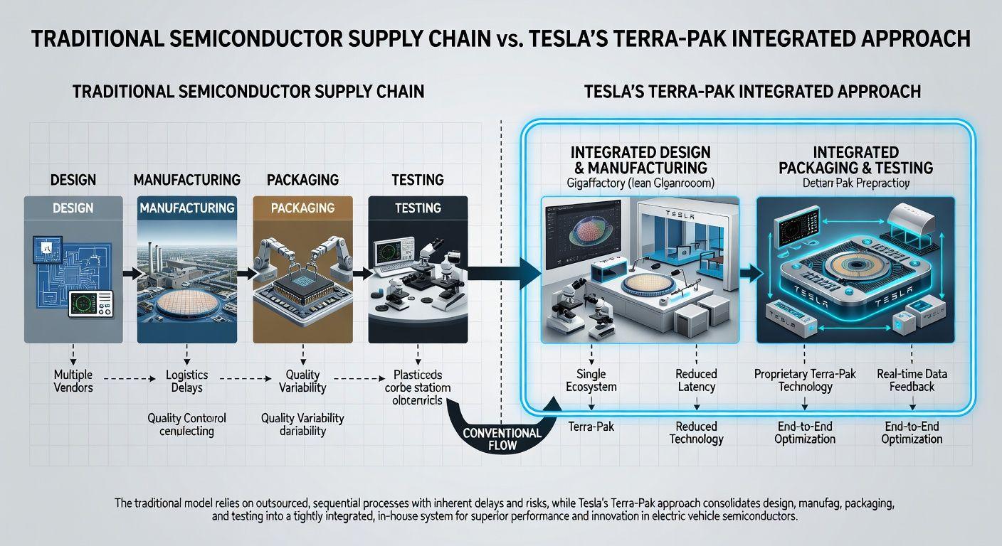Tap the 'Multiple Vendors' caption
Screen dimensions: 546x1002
point(73,381)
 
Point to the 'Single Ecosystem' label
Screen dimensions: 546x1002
point(592,380)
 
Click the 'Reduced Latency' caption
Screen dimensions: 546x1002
point(696,380)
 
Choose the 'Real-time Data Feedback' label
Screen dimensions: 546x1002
point(912,380)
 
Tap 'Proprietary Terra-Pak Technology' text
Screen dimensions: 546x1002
point(805,380)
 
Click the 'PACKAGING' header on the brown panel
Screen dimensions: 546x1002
point(303,208)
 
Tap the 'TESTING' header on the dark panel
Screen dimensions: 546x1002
point(418,208)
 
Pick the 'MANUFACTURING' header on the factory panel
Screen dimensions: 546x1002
point(187,208)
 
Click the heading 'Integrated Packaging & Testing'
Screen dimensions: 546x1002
point(855,160)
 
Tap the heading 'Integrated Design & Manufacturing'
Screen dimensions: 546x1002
point(640,160)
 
